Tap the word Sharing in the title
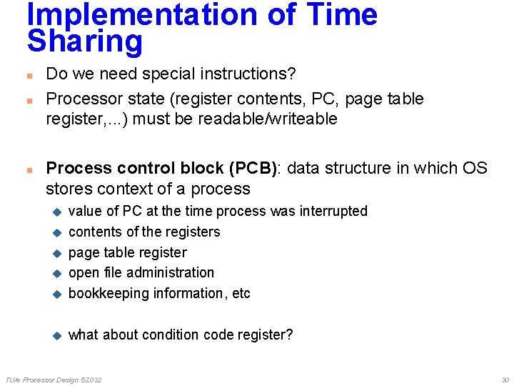coord(85,41)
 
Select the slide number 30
coord(505,380)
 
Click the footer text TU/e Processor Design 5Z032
coord(54,380)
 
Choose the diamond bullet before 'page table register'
coord(59,253)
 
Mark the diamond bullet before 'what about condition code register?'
coord(59,335)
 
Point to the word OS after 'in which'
coord(474,169)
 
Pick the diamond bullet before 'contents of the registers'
coord(59,232)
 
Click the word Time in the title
coord(342,14)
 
